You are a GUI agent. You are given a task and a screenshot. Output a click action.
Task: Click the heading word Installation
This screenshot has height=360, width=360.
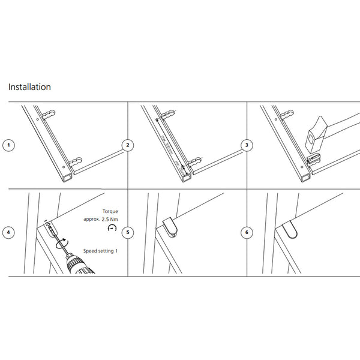click(29, 87)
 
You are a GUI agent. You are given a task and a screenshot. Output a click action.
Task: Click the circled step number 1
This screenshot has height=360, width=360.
click(8, 145)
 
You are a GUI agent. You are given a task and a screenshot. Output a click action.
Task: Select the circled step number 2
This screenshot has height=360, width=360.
click(127, 145)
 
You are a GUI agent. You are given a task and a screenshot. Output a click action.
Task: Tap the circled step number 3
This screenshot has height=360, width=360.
click(247, 145)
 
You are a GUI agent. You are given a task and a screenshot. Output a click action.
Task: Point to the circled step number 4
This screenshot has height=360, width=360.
click(8, 233)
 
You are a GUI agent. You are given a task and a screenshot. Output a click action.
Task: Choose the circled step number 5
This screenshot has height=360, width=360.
click(127, 233)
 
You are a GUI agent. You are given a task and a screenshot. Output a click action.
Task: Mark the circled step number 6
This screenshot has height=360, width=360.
click(247, 233)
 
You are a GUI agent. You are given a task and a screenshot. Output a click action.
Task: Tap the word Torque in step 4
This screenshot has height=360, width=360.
click(110, 212)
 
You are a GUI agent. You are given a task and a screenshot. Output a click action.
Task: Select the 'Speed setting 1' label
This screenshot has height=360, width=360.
click(100, 251)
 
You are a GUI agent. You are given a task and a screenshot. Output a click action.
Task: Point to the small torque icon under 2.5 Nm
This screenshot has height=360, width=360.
click(111, 229)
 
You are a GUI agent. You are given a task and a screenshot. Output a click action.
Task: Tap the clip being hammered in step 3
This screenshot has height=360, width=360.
click(313, 159)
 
